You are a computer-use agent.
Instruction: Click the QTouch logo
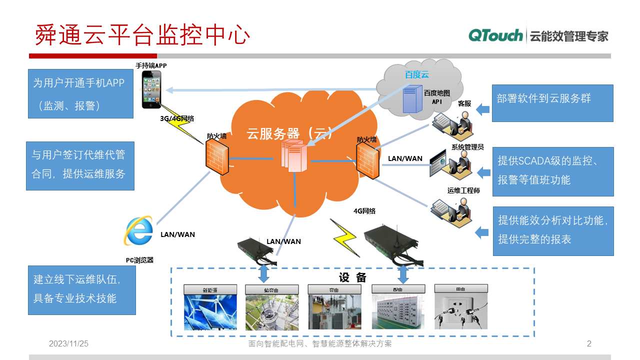pos(495,35)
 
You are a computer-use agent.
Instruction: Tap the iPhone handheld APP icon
pos(151,89)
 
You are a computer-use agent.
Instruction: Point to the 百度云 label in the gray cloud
pos(416,75)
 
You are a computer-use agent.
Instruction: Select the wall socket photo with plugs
pos(460,311)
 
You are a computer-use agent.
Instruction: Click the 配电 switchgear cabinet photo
pos(398,311)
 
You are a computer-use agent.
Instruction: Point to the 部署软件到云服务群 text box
pos(552,103)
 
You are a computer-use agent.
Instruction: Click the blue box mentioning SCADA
pos(552,171)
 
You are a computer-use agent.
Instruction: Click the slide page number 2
pos(589,343)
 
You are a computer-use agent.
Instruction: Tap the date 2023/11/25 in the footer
pos(68,343)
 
